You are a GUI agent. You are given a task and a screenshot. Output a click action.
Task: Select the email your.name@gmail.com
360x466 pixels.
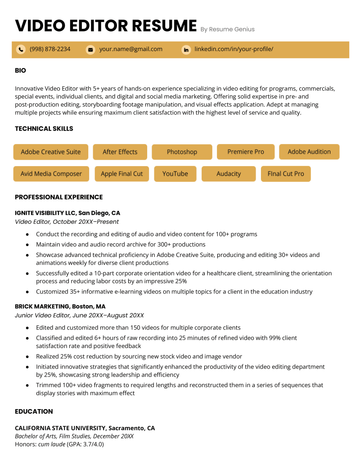pyautogui.click(x=130, y=49)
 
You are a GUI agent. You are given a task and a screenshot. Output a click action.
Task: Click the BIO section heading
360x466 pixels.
pyautogui.click(x=21, y=71)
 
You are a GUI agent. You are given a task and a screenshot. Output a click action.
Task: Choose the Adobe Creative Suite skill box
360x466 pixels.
pyautogui.click(x=51, y=152)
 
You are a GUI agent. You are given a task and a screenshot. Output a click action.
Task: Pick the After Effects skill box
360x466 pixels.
pyautogui.click(x=120, y=152)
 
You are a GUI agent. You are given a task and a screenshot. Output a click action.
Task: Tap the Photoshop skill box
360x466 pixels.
pyautogui.click(x=181, y=152)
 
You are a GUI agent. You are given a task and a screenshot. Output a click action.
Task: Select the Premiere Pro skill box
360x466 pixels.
pyautogui.click(x=245, y=152)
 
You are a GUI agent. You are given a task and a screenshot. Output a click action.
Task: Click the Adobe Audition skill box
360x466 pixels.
pyautogui.click(x=309, y=152)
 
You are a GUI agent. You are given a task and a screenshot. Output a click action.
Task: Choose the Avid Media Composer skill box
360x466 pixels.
pyautogui.click(x=51, y=174)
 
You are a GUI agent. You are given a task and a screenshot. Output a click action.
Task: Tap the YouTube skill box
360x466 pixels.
pyautogui.click(x=175, y=174)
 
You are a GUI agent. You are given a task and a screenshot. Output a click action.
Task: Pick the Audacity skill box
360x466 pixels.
pyautogui.click(x=229, y=174)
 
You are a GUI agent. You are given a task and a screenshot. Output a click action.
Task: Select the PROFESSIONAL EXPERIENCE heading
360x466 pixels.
pyautogui.click(x=67, y=198)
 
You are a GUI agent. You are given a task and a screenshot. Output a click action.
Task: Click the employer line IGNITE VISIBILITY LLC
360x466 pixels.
pyautogui.click(x=67, y=213)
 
